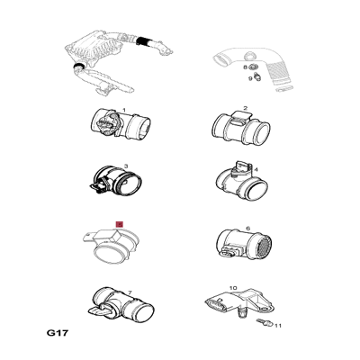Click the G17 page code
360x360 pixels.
(58, 333)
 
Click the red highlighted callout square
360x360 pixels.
(120, 224)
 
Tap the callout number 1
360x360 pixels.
(124, 111)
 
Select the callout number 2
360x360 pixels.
(246, 108)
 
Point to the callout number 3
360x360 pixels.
(126, 166)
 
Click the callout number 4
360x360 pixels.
(256, 170)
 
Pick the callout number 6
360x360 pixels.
(247, 229)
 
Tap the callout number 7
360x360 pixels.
(130, 292)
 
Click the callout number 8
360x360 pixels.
(245, 67)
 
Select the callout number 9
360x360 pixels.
(250, 78)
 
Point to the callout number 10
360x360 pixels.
(233, 288)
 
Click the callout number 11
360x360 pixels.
(278, 326)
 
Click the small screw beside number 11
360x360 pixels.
(265, 322)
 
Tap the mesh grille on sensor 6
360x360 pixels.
(265, 246)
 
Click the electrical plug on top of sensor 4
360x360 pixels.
(242, 166)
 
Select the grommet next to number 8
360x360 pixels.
(252, 67)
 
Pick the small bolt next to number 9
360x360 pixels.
(257, 77)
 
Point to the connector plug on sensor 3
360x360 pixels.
(97, 187)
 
